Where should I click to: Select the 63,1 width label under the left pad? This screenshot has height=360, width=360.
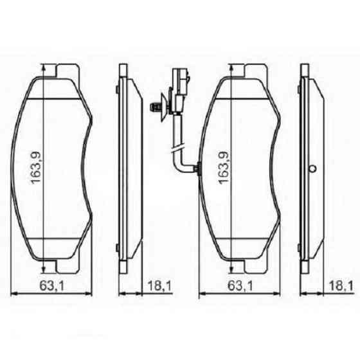(53, 285)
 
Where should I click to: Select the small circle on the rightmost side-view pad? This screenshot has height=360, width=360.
(313, 169)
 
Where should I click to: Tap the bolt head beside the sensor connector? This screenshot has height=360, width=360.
(154, 107)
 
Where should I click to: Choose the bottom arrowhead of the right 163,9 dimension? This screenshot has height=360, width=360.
(229, 269)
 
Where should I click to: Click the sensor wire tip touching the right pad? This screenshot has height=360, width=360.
(199, 170)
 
